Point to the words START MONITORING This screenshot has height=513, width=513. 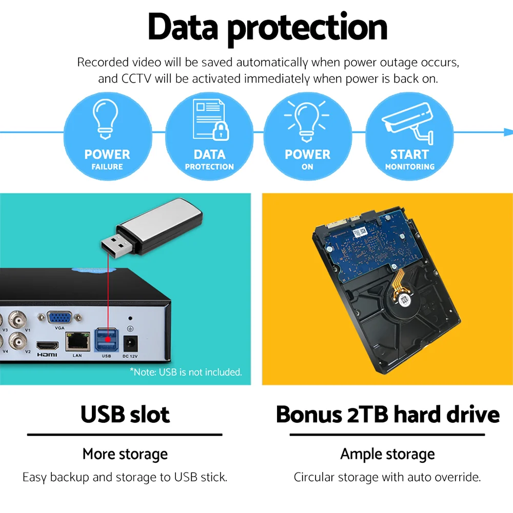click(409, 160)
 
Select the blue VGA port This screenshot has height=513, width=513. click(60, 318)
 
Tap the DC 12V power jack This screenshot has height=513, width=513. click(131, 342)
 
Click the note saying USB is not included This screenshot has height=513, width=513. click(186, 372)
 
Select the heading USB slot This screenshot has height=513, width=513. click(125, 414)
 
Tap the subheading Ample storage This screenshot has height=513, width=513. click(387, 454)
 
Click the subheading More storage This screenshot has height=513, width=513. click(125, 454)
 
